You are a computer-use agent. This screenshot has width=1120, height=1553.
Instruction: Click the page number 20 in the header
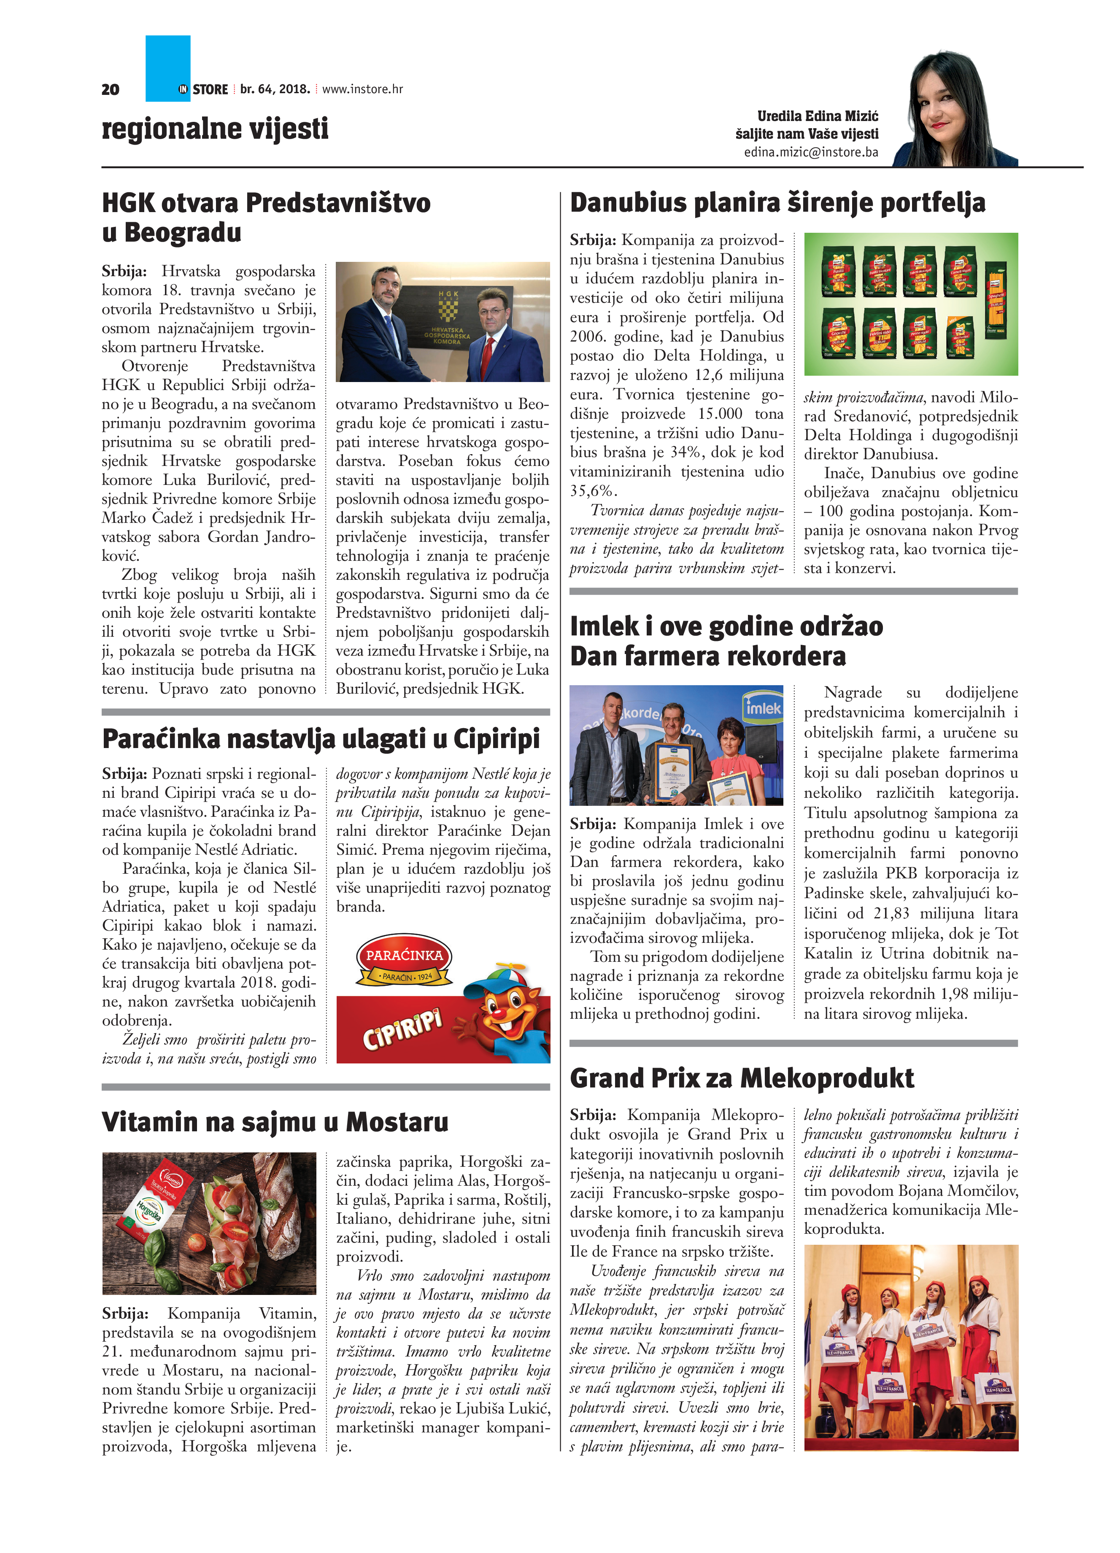tap(110, 89)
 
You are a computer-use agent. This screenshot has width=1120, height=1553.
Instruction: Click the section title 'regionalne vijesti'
tap(215, 129)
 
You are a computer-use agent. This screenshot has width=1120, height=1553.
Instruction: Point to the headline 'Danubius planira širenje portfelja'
tap(777, 203)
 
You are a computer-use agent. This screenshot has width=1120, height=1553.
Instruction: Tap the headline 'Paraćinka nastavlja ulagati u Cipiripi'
tap(321, 739)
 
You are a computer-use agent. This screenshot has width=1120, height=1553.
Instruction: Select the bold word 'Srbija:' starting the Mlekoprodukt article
tap(593, 1115)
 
